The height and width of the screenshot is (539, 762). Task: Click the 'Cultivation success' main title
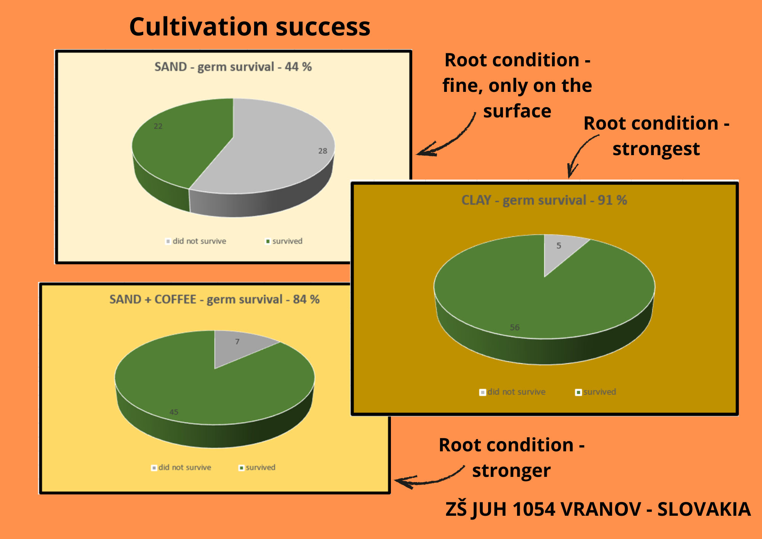(250, 27)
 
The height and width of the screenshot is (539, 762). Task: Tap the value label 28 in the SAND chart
(323, 151)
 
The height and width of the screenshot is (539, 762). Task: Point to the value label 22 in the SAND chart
(158, 126)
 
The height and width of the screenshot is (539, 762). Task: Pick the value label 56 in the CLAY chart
(515, 327)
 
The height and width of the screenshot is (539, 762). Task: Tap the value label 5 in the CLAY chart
(559, 246)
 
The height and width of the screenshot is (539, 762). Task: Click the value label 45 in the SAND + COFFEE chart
(174, 412)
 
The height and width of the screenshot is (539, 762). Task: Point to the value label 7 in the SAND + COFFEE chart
(237, 342)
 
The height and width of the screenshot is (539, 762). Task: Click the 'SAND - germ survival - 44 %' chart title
(233, 67)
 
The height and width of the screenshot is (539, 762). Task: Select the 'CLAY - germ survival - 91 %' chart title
(544, 201)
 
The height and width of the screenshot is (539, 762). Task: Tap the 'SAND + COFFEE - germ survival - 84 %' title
(215, 300)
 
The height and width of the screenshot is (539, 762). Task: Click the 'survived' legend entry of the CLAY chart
(596, 392)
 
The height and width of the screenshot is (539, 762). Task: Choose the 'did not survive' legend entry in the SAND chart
(196, 241)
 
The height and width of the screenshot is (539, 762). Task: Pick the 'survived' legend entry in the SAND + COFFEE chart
(257, 468)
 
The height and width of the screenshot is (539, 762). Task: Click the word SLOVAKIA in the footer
(704, 509)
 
